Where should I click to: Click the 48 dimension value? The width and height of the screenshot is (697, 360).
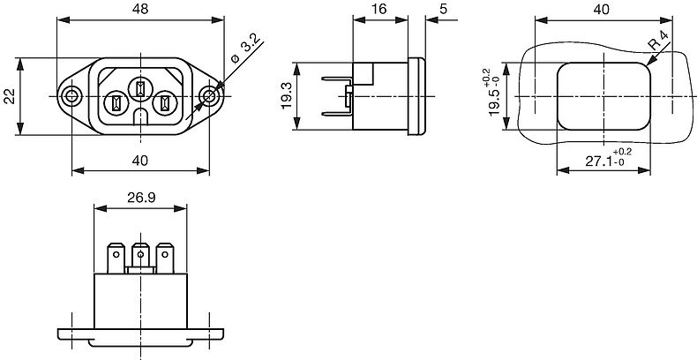(x=140, y=10)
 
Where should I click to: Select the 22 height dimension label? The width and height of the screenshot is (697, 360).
(x=10, y=96)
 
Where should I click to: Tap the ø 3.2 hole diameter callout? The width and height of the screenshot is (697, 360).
(x=245, y=50)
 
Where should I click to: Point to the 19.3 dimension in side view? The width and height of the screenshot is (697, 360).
(x=286, y=96)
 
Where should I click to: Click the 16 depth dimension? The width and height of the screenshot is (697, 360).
(x=378, y=9)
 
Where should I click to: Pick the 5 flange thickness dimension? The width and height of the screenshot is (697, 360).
(x=444, y=9)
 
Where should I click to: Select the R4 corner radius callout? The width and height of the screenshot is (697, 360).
(x=659, y=42)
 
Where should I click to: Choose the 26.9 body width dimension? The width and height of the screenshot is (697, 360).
(x=141, y=198)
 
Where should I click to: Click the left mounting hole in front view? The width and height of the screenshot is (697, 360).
(x=71, y=96)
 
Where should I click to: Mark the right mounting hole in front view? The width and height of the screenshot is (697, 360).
(x=210, y=96)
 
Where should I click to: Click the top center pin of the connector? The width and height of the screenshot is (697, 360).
(x=140, y=88)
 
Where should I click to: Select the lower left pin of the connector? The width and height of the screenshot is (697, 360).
(x=116, y=104)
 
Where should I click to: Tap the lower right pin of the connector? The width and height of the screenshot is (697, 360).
(x=165, y=104)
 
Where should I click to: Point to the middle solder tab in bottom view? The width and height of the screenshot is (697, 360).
(x=140, y=257)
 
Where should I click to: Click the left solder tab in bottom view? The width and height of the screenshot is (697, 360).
(x=116, y=258)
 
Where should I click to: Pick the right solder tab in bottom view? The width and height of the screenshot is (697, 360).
(x=165, y=258)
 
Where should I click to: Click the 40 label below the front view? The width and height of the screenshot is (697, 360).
(x=140, y=161)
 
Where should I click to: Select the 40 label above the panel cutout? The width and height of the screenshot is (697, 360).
(x=602, y=10)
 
